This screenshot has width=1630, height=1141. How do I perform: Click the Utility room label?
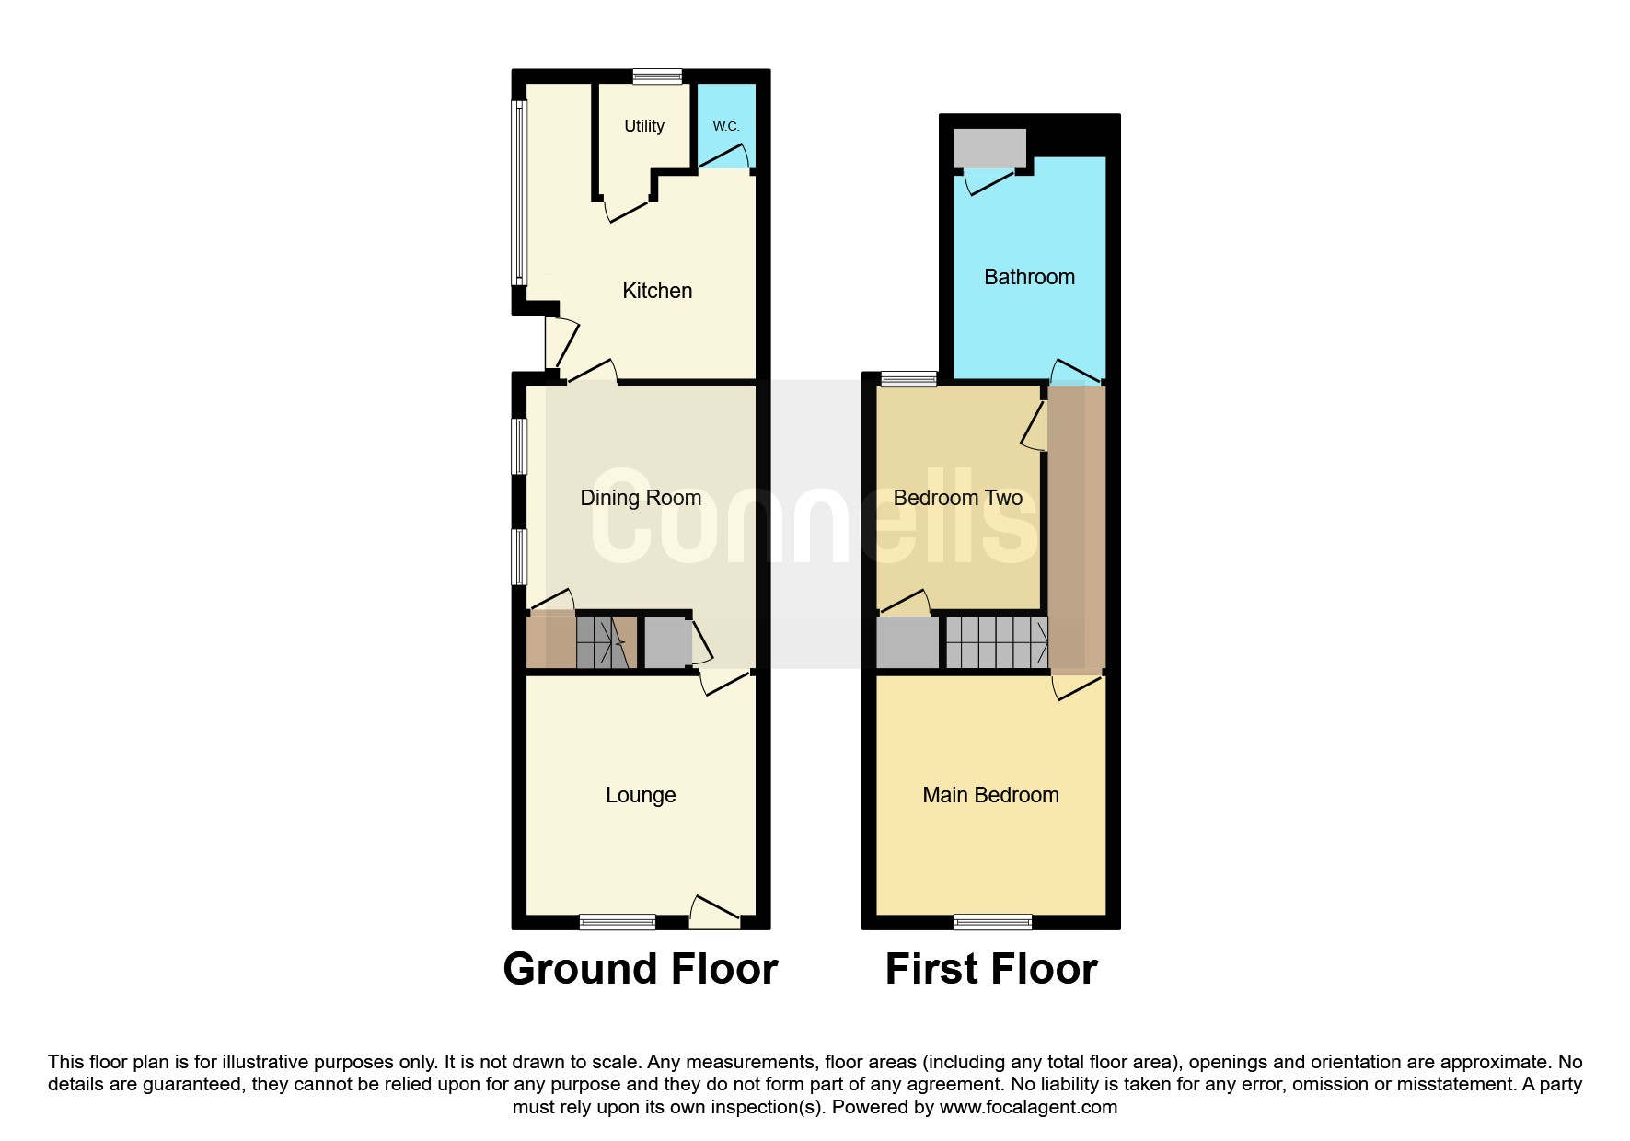643,126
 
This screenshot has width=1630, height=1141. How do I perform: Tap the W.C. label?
726,126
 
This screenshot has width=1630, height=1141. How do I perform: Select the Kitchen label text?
657,291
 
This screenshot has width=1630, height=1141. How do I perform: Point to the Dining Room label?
641,498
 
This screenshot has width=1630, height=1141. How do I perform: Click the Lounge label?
641,795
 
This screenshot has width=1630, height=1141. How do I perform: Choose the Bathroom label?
1029,277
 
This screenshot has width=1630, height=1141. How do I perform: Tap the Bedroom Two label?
958,498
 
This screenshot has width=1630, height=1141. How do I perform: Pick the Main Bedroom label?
990,795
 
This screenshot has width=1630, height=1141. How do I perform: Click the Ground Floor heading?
641,969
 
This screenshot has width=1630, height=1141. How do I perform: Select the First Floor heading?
991,969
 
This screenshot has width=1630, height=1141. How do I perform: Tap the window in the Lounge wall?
618,921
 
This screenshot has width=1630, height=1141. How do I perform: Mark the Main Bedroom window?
993,921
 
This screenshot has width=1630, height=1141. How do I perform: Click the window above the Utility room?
657,76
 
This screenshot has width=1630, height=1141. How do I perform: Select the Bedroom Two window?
908,377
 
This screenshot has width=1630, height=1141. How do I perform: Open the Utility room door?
628,211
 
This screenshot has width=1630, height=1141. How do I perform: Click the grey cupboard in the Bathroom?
989,148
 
